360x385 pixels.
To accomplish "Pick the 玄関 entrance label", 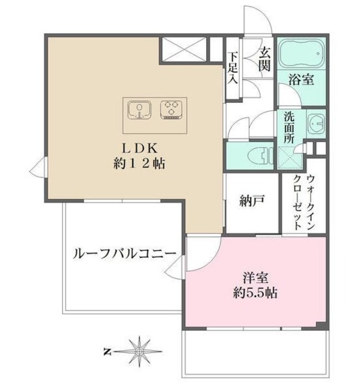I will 263,60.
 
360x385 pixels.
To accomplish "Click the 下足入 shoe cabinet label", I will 233,68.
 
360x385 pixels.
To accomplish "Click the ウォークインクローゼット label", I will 304,203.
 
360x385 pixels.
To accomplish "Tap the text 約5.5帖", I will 256,295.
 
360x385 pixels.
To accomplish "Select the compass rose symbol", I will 139,350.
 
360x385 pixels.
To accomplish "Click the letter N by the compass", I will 106,350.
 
